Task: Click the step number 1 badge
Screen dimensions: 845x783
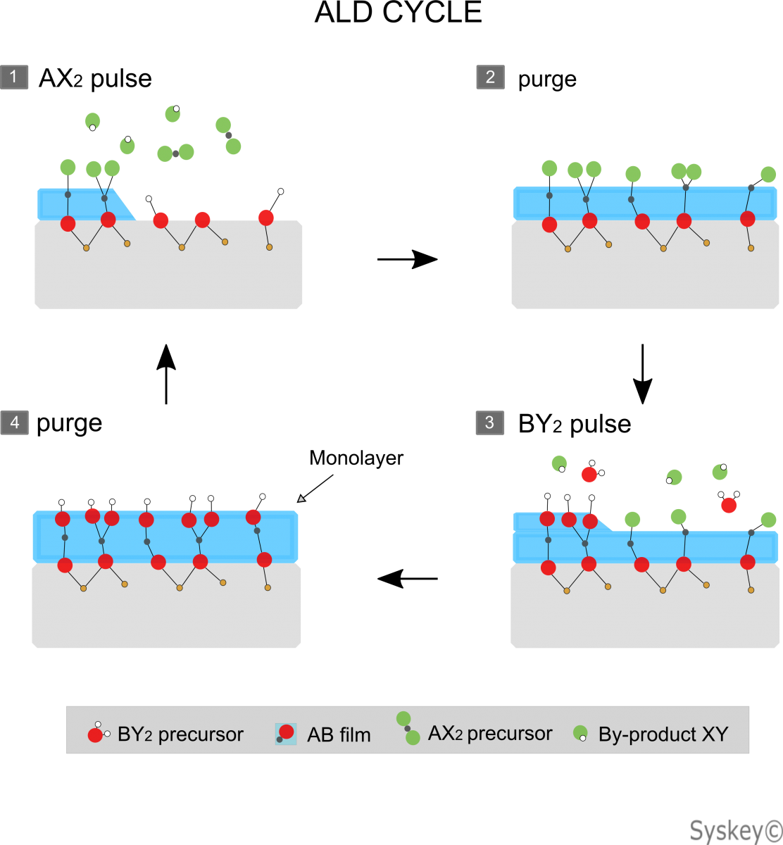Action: tap(14, 77)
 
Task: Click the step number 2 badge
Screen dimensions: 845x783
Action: tap(490, 77)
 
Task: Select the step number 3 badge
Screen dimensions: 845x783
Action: tap(489, 423)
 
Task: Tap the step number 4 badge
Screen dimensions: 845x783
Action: tap(15, 423)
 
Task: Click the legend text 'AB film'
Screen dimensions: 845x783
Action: tap(339, 735)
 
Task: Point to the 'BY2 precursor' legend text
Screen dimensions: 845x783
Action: tap(180, 734)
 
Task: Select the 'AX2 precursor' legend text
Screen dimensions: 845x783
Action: tap(490, 734)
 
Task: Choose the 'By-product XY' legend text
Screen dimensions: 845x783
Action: tap(663, 734)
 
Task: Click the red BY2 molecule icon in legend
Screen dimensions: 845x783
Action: tap(96, 734)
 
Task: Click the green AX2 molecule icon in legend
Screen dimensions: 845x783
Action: tap(408, 728)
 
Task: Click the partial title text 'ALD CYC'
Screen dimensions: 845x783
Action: tap(376, 13)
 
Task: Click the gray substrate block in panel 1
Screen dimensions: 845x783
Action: tap(169, 275)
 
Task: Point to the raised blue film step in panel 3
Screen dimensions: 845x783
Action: tap(560, 522)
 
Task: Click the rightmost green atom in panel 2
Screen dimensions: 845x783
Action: tap(768, 175)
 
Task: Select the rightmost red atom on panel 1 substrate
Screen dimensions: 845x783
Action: tap(266, 218)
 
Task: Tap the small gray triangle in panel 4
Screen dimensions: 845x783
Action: tap(301, 499)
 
